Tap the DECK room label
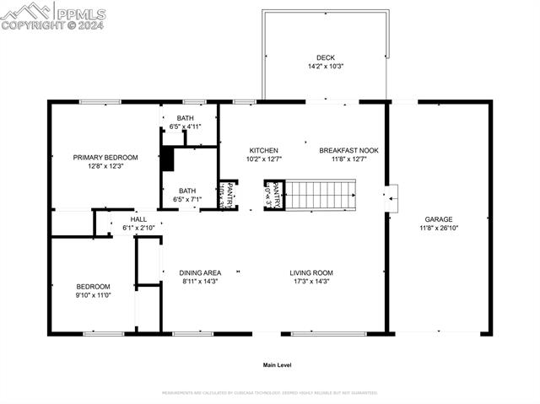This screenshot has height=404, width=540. [x=325, y=58]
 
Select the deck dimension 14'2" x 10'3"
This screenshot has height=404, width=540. [x=325, y=66]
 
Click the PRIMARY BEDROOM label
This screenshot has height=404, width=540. [x=105, y=158]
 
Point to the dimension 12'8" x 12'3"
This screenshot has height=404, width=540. [x=105, y=166]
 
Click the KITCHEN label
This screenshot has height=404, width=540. [x=262, y=151]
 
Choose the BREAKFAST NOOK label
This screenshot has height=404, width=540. [x=348, y=151]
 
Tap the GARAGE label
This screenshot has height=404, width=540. [x=438, y=219]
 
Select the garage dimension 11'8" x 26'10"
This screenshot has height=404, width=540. [x=438, y=228]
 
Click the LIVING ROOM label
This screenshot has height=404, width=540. [x=311, y=273]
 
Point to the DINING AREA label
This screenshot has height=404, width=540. [x=200, y=273]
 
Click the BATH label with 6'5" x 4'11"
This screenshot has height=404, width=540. [x=185, y=118]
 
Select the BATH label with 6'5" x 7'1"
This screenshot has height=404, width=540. [x=186, y=191]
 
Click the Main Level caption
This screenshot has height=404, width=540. [x=277, y=365]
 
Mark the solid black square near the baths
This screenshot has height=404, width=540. [x=167, y=159]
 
